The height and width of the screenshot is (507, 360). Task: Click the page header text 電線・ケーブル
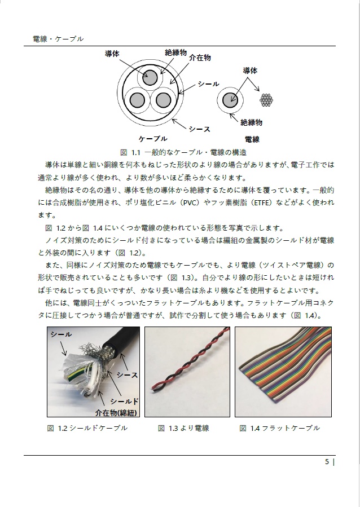click(58, 38)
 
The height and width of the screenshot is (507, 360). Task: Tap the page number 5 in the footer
click(327, 462)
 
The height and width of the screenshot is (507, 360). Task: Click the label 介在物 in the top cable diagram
click(200, 58)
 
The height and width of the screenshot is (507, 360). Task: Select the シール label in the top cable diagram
click(208, 83)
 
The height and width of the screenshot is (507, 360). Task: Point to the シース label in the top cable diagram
click(199, 129)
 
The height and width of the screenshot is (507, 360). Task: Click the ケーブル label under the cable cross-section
click(152, 139)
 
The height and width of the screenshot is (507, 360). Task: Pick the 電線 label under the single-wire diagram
click(252, 139)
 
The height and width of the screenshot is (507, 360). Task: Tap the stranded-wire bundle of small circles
click(266, 100)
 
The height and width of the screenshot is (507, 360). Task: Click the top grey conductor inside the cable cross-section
click(150, 78)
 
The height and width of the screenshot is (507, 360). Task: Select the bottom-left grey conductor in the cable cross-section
click(137, 100)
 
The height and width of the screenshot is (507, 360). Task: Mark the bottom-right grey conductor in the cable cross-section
click(163, 100)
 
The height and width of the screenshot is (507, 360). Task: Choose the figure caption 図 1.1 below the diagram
click(182, 152)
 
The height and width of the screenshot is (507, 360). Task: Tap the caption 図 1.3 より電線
click(183, 428)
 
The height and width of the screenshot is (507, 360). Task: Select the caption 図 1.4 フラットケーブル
click(279, 428)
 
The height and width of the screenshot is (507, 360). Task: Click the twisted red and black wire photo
click(187, 372)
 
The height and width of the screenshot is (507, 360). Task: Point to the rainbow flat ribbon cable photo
click(279, 372)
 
